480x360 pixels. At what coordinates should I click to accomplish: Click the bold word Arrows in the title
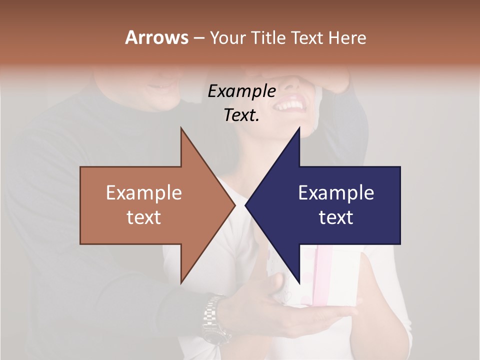(157, 37)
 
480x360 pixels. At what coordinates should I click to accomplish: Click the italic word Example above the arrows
(242, 91)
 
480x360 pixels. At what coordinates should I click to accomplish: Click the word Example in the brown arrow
(144, 193)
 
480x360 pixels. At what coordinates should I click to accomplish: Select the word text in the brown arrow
(144, 217)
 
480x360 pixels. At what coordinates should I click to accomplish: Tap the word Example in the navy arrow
(336, 193)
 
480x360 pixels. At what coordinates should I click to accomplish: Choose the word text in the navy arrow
(336, 217)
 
